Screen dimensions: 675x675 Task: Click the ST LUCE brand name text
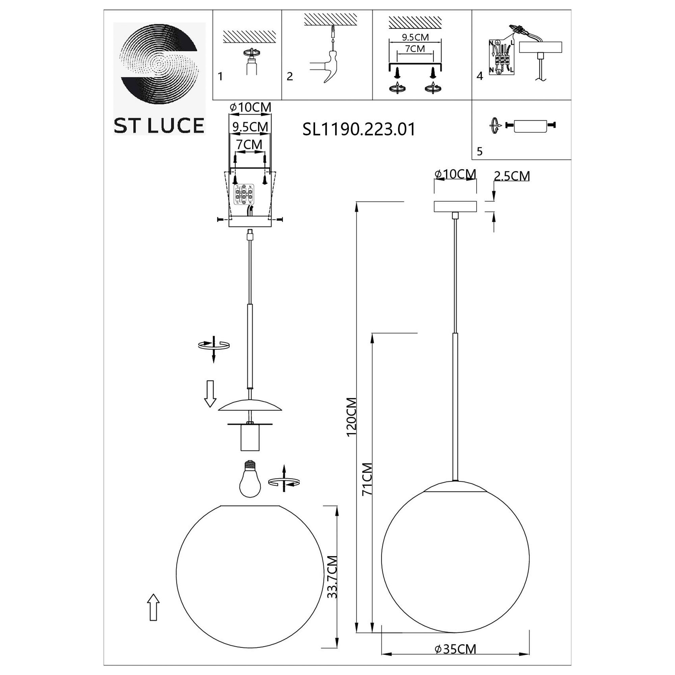pyautogui.click(x=159, y=126)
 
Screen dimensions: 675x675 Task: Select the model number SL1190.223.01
pyautogui.click(x=359, y=129)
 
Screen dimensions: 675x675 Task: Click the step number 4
pyautogui.click(x=480, y=76)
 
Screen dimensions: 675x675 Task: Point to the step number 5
pyautogui.click(x=480, y=151)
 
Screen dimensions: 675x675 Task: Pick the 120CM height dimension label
pyautogui.click(x=351, y=417)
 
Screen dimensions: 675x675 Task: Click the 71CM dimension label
pyautogui.click(x=367, y=479)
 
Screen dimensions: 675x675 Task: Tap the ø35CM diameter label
pyautogui.click(x=455, y=649)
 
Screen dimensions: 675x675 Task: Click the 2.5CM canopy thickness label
pyautogui.click(x=512, y=176)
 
